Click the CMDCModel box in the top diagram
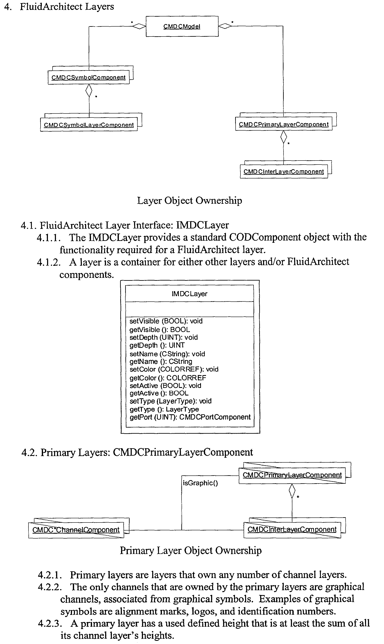point(182,26)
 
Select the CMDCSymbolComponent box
point(88,77)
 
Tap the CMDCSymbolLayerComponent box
point(89,125)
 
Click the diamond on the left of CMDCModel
point(139,26)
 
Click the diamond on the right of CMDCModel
point(225,26)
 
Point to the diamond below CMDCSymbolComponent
point(89,90)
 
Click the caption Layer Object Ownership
point(189,201)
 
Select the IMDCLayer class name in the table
point(189,294)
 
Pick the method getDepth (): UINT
point(157,345)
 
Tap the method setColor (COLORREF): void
point(174,369)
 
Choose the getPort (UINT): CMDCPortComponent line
point(190,417)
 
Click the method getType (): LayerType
point(164,409)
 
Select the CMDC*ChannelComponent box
point(76,530)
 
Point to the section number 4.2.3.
point(50,624)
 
